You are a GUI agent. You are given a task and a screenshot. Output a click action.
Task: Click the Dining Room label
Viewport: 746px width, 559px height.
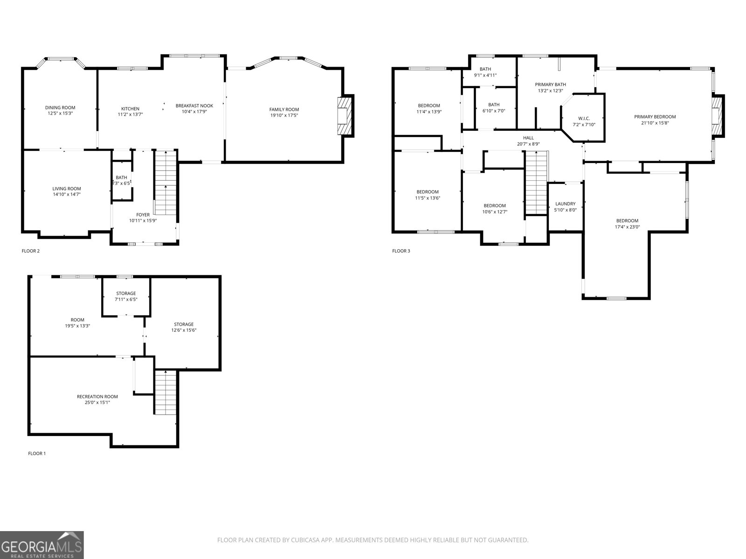pyautogui.click(x=60, y=108)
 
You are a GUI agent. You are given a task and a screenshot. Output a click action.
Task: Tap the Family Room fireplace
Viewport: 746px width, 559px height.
pyautogui.click(x=344, y=116)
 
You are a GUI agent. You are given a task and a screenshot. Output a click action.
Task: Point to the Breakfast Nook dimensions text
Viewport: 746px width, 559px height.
pyautogui.click(x=194, y=112)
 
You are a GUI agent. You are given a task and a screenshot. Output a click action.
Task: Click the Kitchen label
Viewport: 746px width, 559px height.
pyautogui.click(x=130, y=109)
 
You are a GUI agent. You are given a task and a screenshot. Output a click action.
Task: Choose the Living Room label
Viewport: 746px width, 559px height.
pyautogui.click(x=67, y=189)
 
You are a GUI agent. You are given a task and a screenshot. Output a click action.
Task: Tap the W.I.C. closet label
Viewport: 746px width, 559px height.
pyautogui.click(x=584, y=118)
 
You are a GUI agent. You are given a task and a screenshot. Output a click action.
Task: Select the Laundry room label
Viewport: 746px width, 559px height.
pyautogui.click(x=566, y=204)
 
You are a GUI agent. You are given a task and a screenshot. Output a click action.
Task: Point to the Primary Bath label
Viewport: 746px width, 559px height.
pyautogui.click(x=551, y=84)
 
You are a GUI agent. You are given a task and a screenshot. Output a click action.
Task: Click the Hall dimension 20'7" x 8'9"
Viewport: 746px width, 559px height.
pyautogui.click(x=528, y=144)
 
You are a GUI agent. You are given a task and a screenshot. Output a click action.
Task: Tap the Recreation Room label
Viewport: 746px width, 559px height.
pyautogui.click(x=97, y=396)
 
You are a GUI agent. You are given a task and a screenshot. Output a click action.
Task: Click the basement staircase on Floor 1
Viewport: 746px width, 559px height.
pyautogui.click(x=166, y=392)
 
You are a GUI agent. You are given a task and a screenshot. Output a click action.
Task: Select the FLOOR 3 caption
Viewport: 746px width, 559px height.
pyautogui.click(x=401, y=251)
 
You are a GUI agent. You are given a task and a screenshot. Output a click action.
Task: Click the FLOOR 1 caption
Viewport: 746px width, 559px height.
pyautogui.click(x=37, y=453)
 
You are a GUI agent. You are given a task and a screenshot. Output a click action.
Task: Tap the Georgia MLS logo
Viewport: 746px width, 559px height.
pyautogui.click(x=42, y=545)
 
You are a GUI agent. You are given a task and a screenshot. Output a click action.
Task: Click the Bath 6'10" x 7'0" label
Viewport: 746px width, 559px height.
pyautogui.click(x=494, y=104)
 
